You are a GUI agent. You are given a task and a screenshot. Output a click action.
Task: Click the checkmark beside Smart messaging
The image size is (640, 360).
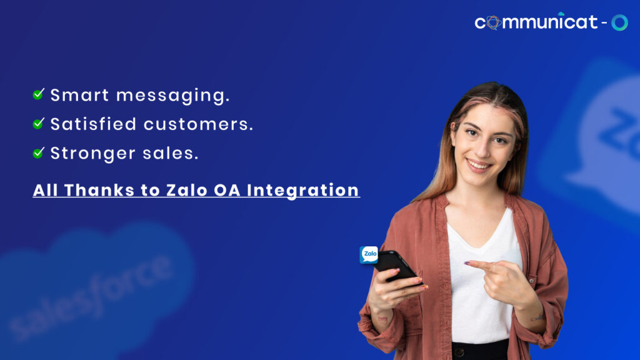point(38,94)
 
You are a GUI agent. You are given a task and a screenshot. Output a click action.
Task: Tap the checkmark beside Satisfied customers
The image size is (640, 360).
point(38,124)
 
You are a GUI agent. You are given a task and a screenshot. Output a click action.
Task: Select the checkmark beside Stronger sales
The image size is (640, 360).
point(38,152)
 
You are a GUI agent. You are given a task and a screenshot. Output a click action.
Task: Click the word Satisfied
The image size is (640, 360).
point(93,124)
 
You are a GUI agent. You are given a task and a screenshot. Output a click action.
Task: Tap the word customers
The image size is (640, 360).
point(198,124)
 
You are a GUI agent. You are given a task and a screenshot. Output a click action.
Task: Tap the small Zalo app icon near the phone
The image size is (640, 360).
point(369,254)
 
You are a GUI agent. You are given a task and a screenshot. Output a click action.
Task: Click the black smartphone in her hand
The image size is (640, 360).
point(395,265)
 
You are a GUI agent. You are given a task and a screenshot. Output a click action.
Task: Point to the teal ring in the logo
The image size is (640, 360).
point(619,22)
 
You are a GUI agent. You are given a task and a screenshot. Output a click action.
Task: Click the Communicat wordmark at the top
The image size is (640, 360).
point(536,22)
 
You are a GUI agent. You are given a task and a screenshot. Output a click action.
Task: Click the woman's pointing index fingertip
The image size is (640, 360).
point(467,263)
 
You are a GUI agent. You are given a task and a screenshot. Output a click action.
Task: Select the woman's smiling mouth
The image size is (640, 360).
point(479,165)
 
